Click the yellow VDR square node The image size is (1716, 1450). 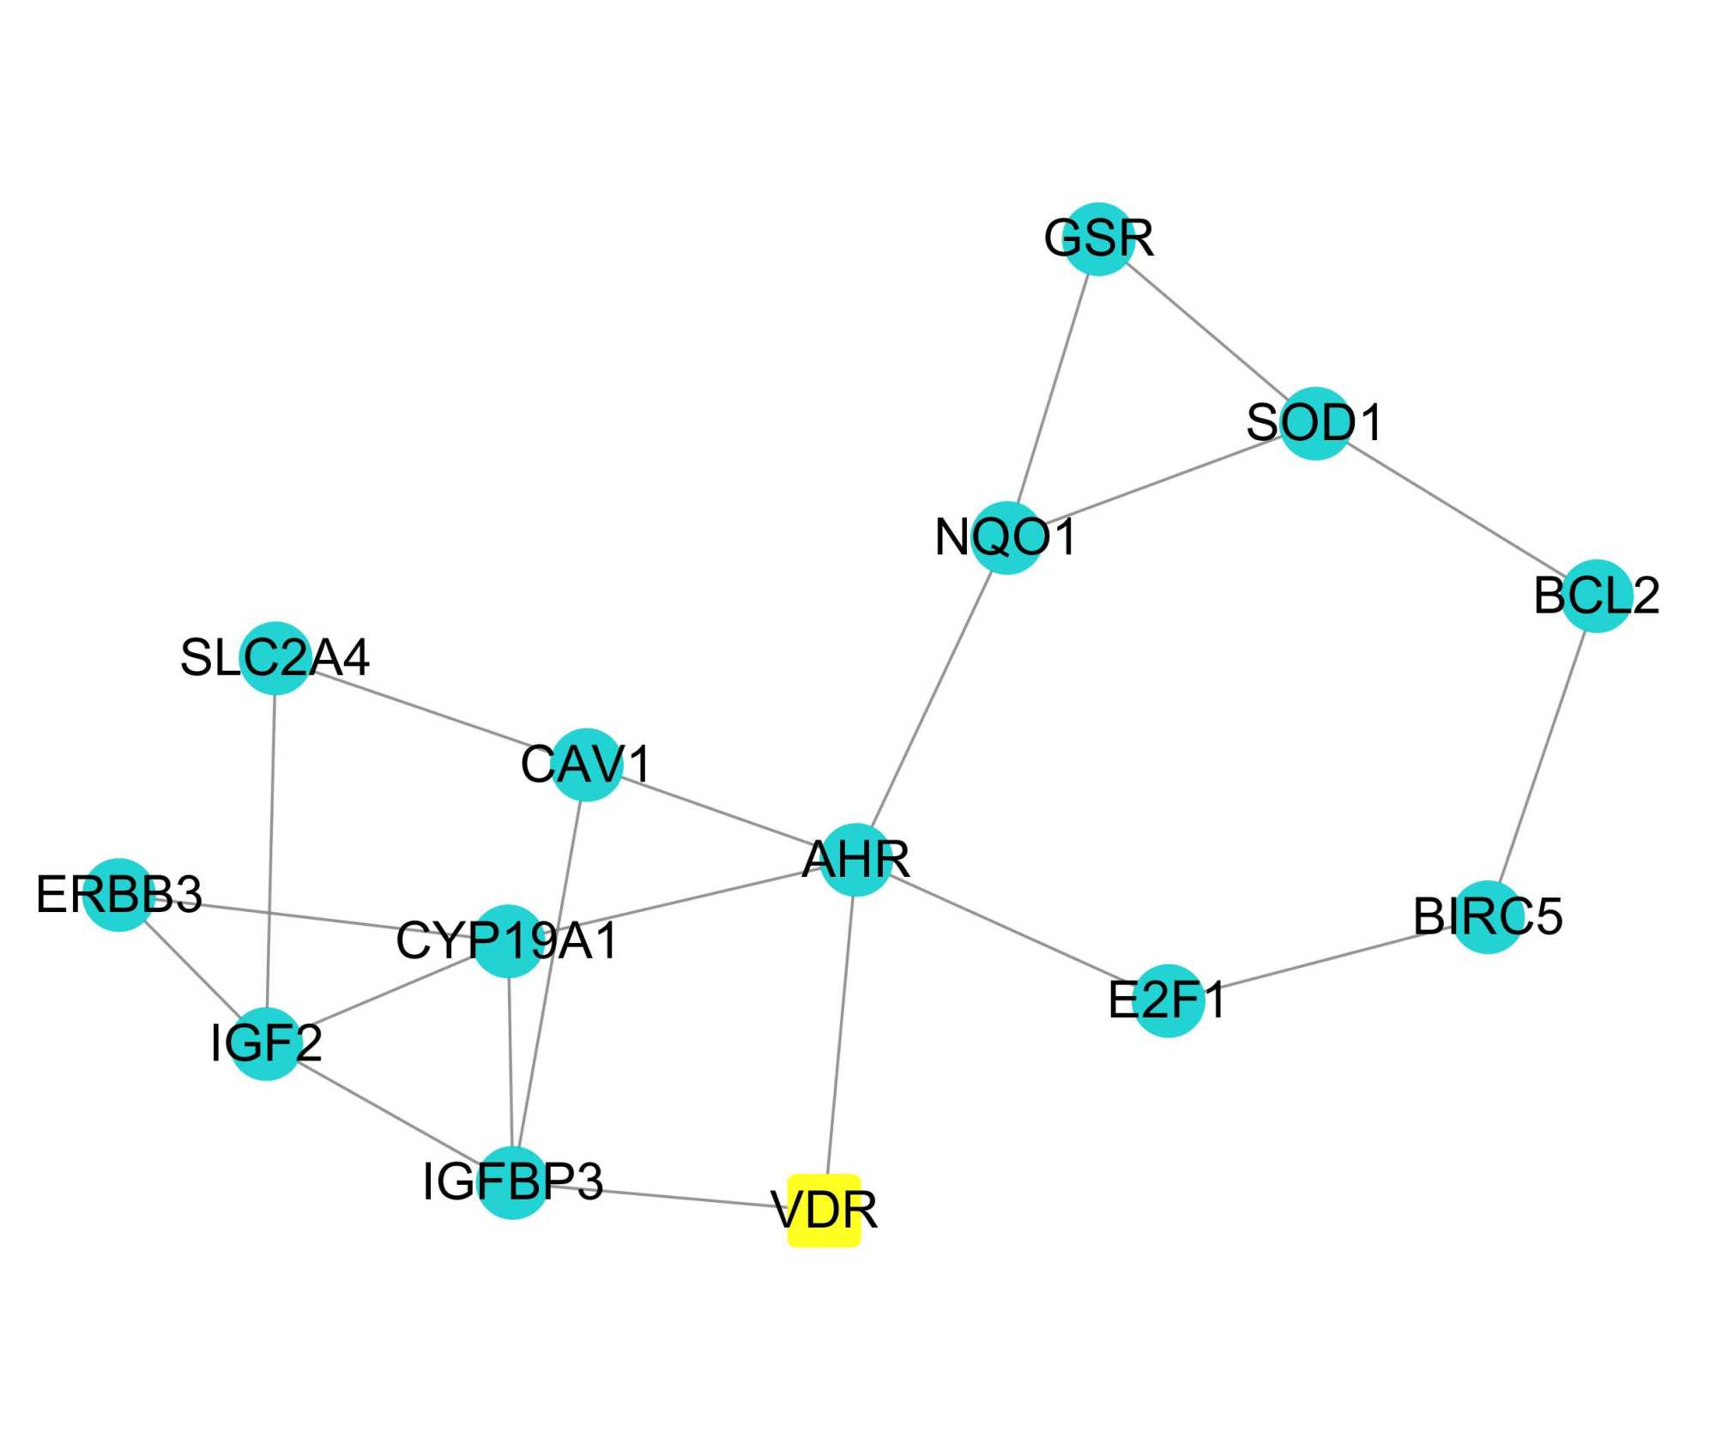point(824,1210)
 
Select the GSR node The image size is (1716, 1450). point(1099,239)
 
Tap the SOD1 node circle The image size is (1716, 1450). point(1315,423)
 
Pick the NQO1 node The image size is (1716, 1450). point(1006,538)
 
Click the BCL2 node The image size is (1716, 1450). point(1596,595)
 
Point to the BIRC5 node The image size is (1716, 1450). point(1488,916)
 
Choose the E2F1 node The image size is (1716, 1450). point(1168,1000)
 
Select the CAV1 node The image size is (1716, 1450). point(586,764)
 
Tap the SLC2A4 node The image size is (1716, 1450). point(275,658)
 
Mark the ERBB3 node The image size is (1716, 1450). point(119,894)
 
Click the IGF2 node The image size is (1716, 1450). point(266,1043)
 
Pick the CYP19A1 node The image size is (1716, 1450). point(508,940)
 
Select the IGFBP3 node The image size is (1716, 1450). point(512,1182)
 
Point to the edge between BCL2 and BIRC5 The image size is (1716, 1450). point(1542,756)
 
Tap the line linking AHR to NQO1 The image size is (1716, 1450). point(931,699)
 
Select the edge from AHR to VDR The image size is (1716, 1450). point(840,1034)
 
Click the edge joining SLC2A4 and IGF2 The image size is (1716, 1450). point(270,849)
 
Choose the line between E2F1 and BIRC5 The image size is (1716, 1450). point(1327,958)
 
